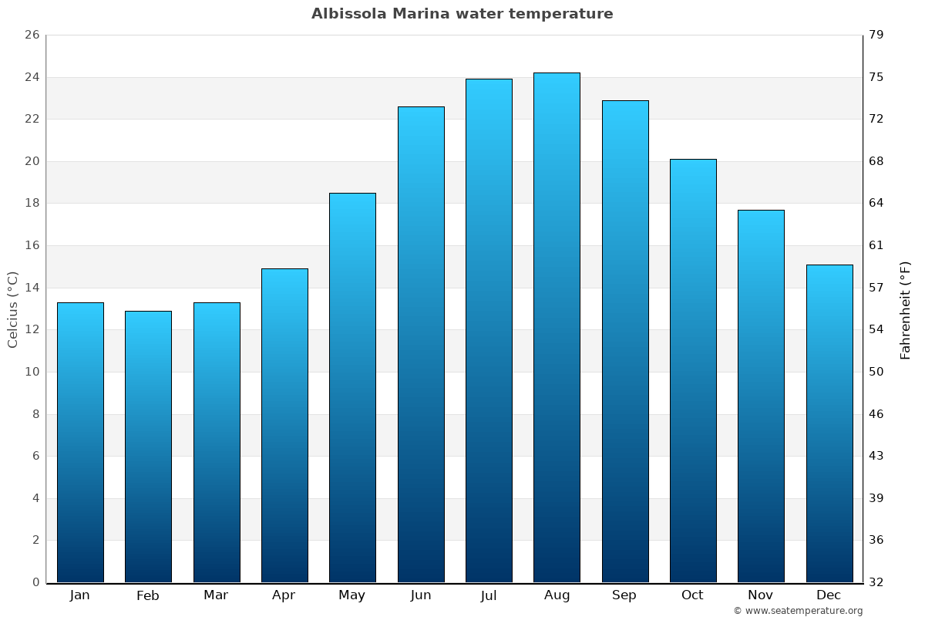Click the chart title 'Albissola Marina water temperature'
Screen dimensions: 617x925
tap(462, 14)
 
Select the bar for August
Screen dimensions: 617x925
tap(557, 328)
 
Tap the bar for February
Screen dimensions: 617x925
tap(148, 447)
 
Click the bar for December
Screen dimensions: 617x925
tap(829, 423)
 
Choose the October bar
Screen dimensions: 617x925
tap(693, 371)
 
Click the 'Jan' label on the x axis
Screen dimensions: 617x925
tap(80, 595)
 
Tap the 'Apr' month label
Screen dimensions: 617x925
tap(284, 595)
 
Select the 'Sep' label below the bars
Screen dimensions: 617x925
tap(624, 595)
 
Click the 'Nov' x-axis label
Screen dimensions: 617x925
tap(761, 595)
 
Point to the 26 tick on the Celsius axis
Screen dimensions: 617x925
tap(32, 35)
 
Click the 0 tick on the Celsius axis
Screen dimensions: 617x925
tap(35, 582)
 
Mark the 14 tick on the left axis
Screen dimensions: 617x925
tap(32, 288)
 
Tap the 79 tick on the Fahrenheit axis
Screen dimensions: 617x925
tap(876, 35)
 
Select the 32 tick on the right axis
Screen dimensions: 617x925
tap(876, 582)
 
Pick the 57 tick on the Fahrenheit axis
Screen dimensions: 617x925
tap(876, 288)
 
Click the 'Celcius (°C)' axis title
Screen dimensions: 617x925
tap(13, 309)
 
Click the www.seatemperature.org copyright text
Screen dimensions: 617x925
tap(798, 611)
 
